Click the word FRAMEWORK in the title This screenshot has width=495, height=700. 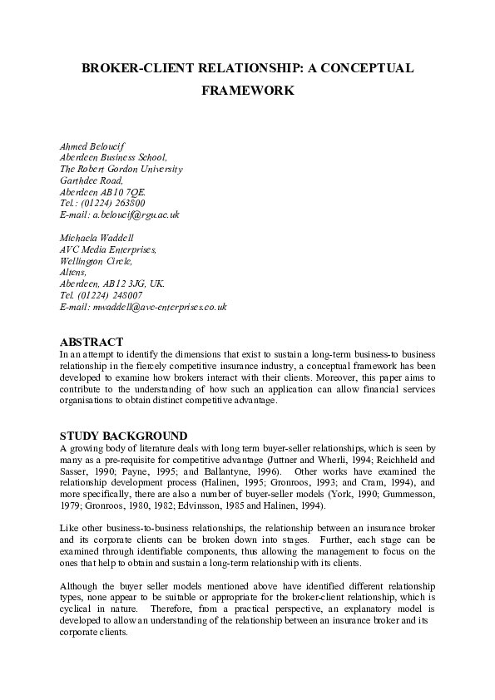(247, 91)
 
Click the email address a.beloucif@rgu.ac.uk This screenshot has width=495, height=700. (135, 214)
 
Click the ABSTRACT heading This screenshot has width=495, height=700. (92, 343)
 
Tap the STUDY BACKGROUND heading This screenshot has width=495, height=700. (123, 436)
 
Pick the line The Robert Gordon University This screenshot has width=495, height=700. (121, 168)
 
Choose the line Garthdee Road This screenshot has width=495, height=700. (92, 180)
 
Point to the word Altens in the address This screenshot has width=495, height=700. (73, 272)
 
